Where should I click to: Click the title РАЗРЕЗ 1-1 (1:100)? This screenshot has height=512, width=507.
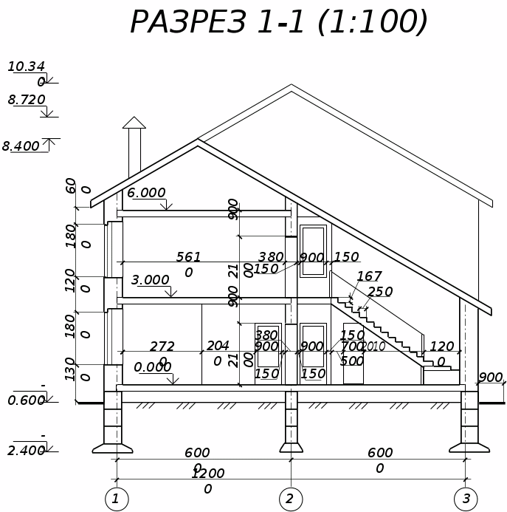(x=279, y=22)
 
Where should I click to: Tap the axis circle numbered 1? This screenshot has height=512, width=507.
(x=115, y=499)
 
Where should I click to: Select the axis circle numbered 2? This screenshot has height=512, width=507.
(x=290, y=499)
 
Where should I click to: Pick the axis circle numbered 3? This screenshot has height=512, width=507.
(x=466, y=499)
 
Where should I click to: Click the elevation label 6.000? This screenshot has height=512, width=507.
(x=146, y=194)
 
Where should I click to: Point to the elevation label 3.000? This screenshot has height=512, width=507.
(x=150, y=281)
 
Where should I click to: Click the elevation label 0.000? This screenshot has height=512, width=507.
(x=152, y=367)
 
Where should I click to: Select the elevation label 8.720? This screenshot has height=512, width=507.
(x=27, y=100)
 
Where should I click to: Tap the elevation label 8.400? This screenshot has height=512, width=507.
(x=21, y=146)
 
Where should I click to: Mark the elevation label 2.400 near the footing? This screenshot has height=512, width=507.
(x=27, y=451)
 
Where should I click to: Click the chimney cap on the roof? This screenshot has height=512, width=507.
(x=134, y=123)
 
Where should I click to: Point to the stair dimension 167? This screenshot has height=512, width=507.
(x=369, y=277)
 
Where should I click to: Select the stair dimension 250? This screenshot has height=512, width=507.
(x=380, y=293)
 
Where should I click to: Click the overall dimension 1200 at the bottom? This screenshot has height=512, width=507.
(x=207, y=474)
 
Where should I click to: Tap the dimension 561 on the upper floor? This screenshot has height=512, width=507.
(x=188, y=257)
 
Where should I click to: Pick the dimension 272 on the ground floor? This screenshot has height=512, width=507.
(x=162, y=347)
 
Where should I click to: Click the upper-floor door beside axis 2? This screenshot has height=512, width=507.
(x=312, y=251)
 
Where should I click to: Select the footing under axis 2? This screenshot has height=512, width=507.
(x=291, y=447)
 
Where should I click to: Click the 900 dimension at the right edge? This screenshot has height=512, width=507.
(x=490, y=378)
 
